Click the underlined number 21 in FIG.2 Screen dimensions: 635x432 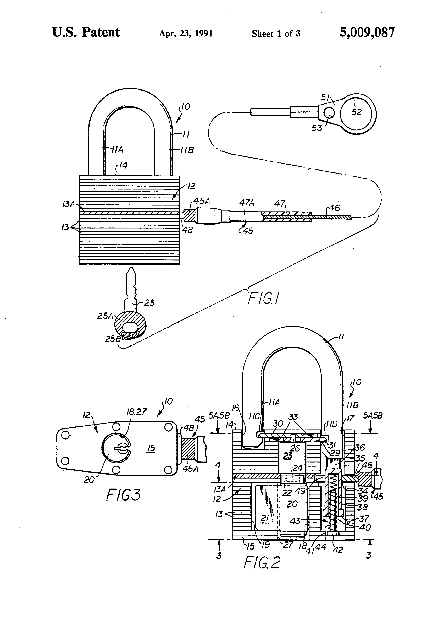pyautogui.click(x=265, y=518)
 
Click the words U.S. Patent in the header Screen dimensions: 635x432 pyautogui.click(x=86, y=33)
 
